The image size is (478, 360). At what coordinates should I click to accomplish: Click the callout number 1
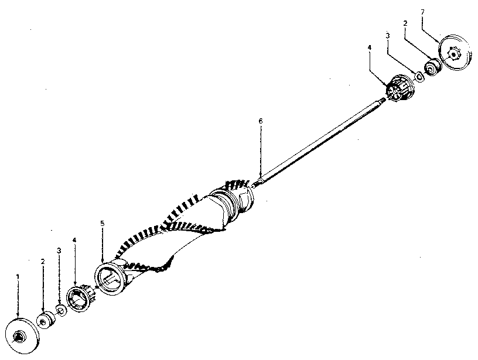(18, 276)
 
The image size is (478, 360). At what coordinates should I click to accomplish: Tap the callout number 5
(103, 223)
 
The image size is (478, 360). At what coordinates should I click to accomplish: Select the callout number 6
(260, 121)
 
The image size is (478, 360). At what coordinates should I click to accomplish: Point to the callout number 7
(422, 12)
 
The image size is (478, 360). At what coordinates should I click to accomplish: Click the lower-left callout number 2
(43, 261)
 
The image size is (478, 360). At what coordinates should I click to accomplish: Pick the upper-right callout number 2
(405, 23)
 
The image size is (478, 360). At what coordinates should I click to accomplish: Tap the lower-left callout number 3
(59, 251)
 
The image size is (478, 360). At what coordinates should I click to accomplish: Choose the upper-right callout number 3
(388, 36)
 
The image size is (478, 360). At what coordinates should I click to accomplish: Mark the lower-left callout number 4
(74, 240)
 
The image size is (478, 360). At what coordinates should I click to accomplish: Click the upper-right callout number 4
(370, 47)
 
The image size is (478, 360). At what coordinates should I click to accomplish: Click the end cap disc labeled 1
(23, 335)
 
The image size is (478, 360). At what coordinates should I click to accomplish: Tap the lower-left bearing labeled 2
(46, 320)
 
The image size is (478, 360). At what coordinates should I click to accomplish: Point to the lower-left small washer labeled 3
(62, 310)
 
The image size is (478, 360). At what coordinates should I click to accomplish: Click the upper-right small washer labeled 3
(419, 77)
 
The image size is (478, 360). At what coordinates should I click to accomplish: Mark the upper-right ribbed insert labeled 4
(400, 88)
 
